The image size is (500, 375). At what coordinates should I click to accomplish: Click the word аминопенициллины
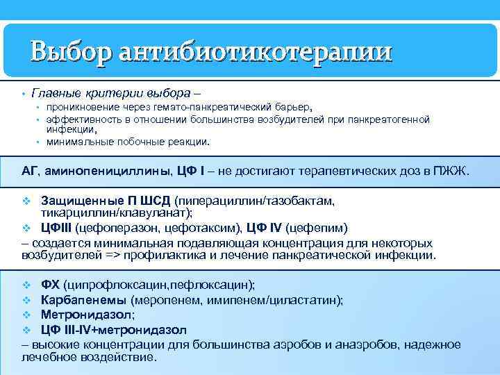coord(117,171)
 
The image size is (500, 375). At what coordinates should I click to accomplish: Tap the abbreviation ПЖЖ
coord(453,171)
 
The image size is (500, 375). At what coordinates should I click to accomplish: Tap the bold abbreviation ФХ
coord(50,285)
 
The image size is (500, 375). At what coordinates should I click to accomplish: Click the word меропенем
coord(165,299)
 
